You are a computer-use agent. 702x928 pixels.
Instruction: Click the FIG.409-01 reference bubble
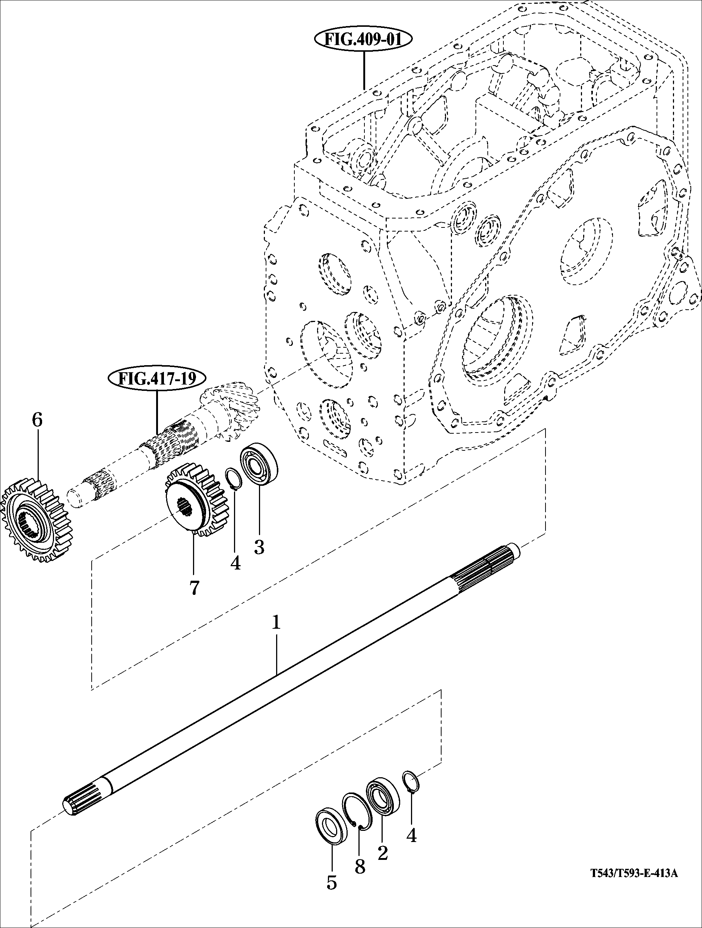click(x=363, y=39)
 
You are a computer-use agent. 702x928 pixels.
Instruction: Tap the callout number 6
click(x=37, y=420)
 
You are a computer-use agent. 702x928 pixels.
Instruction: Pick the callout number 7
click(x=193, y=588)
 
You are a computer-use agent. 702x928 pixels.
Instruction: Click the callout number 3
click(x=259, y=547)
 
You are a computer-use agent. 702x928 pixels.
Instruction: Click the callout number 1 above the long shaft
click(x=276, y=622)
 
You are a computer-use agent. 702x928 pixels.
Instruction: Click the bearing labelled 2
click(x=383, y=792)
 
